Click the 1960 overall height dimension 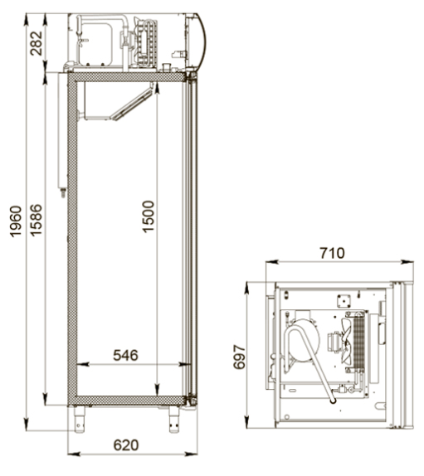tap(16, 221)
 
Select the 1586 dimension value tap(37, 220)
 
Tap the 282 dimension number tap(37, 43)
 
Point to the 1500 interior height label tap(149, 216)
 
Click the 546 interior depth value tap(125, 355)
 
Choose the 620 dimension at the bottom tap(126, 445)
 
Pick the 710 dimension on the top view tap(332, 253)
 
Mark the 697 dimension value tap(239, 357)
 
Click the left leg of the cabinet tap(80, 420)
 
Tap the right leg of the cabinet tap(173, 420)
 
